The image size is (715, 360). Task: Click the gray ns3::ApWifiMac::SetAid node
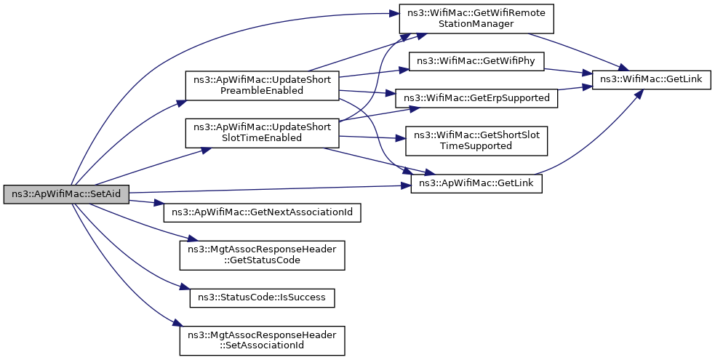pyautogui.click(x=66, y=194)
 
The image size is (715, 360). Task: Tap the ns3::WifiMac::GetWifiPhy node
pyautogui.click(x=476, y=62)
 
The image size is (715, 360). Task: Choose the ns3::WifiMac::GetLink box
pyautogui.click(x=651, y=80)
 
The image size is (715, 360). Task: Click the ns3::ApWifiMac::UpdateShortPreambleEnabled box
pyautogui.click(x=262, y=85)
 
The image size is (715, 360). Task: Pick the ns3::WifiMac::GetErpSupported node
pyautogui.click(x=476, y=98)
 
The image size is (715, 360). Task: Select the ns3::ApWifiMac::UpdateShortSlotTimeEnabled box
pyautogui.click(x=262, y=133)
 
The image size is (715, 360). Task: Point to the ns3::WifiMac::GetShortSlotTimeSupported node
pyautogui.click(x=476, y=140)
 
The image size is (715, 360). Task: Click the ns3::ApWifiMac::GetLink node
pyautogui.click(x=476, y=183)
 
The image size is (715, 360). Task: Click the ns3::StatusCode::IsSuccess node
pyautogui.click(x=262, y=297)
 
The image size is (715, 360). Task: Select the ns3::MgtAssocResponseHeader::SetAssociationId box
pyautogui.click(x=262, y=340)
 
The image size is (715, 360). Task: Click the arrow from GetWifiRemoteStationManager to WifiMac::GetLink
pyautogui.click(x=575, y=47)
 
